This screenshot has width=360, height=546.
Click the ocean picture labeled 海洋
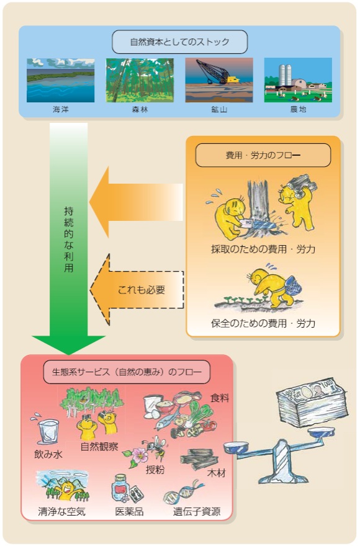[61, 80]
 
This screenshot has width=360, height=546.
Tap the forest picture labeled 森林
[140, 80]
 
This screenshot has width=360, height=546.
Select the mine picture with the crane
[219, 80]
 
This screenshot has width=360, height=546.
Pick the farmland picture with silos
[298, 80]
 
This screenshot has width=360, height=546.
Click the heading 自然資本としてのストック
[180, 42]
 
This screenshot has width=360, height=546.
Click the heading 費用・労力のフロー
[263, 155]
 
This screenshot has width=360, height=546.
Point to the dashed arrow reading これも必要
[137, 290]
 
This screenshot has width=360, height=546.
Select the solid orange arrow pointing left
[136, 202]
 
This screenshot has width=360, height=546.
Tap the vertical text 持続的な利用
[69, 239]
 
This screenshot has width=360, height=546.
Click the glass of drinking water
[48, 432]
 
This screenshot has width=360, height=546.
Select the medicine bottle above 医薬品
[120, 488]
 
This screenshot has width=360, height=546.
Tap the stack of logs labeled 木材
[199, 459]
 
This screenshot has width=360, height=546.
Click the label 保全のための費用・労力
[263, 323]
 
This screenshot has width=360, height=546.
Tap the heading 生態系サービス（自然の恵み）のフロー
[127, 372]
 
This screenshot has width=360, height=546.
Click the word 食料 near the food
[220, 398]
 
